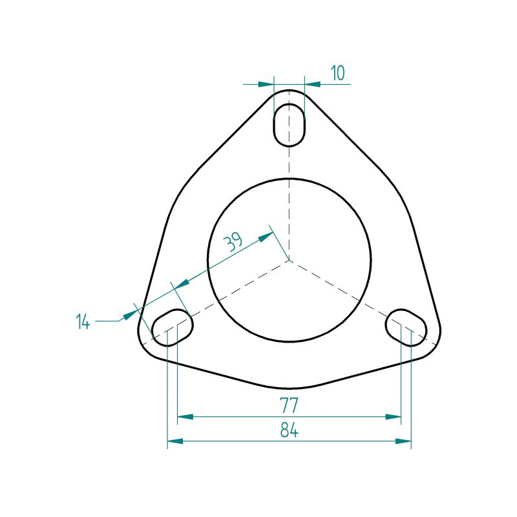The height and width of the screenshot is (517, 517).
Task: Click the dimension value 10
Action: (x=337, y=73)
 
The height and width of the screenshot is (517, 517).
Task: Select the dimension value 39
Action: (x=233, y=242)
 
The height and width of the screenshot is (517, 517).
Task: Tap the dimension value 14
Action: (x=83, y=321)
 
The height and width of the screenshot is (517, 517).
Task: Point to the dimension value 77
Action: (x=289, y=405)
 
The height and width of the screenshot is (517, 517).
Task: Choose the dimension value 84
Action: (x=289, y=430)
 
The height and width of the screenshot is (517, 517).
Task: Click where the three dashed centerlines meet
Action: (x=289, y=260)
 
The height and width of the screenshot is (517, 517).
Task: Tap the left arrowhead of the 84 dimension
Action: (x=175, y=441)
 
